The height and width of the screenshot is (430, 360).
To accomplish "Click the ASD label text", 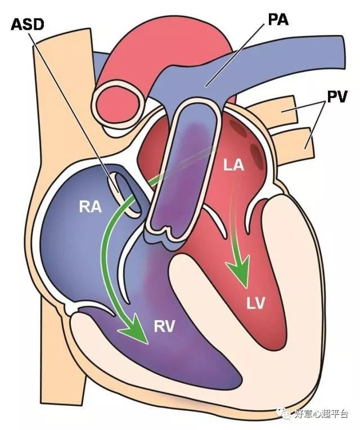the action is tap(28, 25).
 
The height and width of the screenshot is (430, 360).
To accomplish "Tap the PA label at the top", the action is tap(278, 20).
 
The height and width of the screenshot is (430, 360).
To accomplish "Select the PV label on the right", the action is tap(337, 96).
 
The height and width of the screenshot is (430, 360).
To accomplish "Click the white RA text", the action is tap(90, 207).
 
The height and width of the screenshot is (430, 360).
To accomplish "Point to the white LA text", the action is tap(233, 165).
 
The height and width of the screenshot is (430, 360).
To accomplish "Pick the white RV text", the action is tap(164, 326).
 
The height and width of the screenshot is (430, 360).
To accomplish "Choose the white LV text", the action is tap(256, 303).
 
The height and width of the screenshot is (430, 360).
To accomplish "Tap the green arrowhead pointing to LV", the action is tap(239, 271).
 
